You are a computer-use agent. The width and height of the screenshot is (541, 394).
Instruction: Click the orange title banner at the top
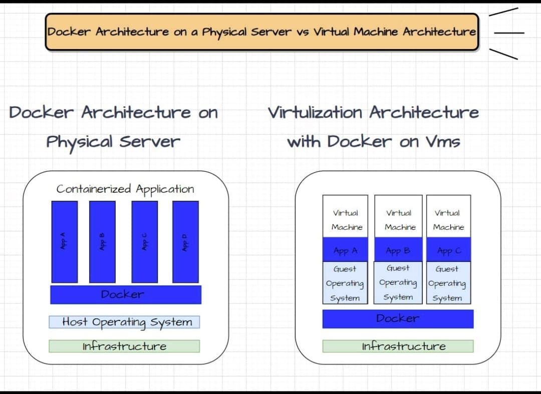pos(261,32)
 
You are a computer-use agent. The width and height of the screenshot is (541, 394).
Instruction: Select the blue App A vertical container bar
pos(64,242)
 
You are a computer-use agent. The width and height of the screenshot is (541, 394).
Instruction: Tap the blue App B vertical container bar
pos(102,242)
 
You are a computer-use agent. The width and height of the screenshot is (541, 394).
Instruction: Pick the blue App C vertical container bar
pos(144,242)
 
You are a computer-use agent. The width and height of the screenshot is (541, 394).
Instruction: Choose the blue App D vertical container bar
pos(185,242)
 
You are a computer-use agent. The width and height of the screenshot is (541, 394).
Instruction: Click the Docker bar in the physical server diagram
pos(125,294)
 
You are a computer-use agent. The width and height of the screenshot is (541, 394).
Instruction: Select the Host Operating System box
pos(124,322)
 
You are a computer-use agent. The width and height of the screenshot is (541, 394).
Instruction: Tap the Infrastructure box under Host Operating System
pos(124,346)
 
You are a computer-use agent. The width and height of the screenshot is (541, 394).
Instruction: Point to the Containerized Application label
pos(125,189)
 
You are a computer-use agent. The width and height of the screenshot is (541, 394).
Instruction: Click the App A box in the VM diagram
pos(345,250)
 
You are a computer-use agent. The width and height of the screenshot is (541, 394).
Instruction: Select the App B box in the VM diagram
pos(398,250)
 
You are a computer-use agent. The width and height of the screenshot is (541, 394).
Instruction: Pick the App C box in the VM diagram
pos(448,250)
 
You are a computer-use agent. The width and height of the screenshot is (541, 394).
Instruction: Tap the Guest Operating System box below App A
pos(345,283)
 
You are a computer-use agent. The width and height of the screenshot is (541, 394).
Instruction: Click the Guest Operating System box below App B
pos(398,283)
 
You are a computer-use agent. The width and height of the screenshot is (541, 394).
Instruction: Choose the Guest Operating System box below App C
pos(448,283)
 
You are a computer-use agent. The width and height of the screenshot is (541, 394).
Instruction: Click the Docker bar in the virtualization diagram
pos(398,318)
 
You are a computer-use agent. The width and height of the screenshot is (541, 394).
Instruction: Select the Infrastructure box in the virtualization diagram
pos(398,346)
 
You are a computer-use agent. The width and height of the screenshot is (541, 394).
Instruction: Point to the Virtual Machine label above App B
pos(399,220)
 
